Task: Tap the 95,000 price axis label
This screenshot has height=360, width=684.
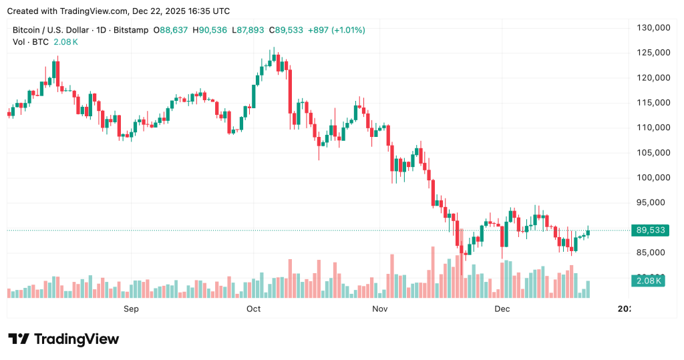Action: [654, 202]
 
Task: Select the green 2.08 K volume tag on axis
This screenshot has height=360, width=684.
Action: [649, 281]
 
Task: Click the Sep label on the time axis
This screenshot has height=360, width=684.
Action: [131, 309]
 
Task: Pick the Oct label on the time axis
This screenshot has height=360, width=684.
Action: [253, 309]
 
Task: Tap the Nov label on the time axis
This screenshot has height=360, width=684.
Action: [379, 309]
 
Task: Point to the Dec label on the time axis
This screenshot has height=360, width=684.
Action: [502, 309]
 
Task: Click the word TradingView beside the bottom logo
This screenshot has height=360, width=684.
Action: [76, 339]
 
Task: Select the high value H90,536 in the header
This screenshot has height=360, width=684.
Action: [209, 30]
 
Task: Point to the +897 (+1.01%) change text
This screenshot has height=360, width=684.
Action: [336, 30]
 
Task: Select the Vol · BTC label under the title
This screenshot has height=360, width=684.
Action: [29, 41]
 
